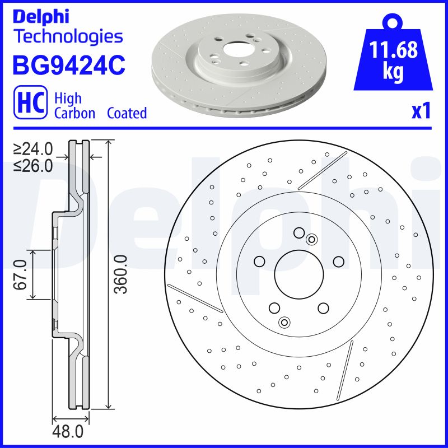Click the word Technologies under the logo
pos(67,37)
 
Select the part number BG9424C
pos(68,65)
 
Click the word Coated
pos(127,113)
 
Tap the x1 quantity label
pos(421,111)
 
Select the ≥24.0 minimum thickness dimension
pos(33,150)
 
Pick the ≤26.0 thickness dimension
pos(33,165)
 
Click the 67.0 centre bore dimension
pos(21,274)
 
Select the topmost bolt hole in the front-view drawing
pos(298,232)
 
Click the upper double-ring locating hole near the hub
pos(312,240)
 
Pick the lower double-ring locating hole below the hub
pos(284,322)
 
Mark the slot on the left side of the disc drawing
pos(195,298)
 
